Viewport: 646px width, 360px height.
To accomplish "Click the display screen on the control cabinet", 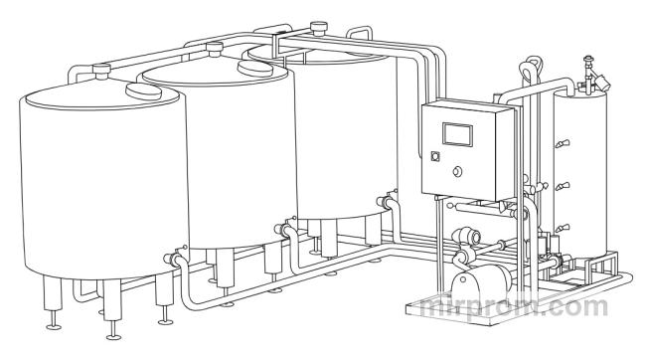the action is [457, 134].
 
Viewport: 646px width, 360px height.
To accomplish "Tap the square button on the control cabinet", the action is [434, 156].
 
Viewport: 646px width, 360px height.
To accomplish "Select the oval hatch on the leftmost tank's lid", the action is [143, 91].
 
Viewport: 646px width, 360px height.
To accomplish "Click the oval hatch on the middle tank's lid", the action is [255, 69].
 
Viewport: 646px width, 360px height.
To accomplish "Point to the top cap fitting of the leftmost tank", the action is [101, 71].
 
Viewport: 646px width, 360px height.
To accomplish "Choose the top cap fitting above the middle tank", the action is [215, 49].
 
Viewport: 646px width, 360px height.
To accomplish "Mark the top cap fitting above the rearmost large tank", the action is [318, 29].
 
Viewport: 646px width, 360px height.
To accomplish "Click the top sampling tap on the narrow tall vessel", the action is [562, 143].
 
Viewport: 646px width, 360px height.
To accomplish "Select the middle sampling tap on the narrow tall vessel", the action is [562, 186].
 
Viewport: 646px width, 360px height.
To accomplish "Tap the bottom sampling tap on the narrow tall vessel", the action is [562, 228].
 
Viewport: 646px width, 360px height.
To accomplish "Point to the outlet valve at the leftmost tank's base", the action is [173, 258].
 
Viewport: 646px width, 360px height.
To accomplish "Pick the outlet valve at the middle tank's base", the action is [283, 228].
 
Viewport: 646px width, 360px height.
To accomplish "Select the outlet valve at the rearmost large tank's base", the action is [386, 201].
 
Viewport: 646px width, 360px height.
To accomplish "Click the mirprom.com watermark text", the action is [514, 306].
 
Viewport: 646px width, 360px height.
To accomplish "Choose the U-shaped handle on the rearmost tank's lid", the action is [360, 33].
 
